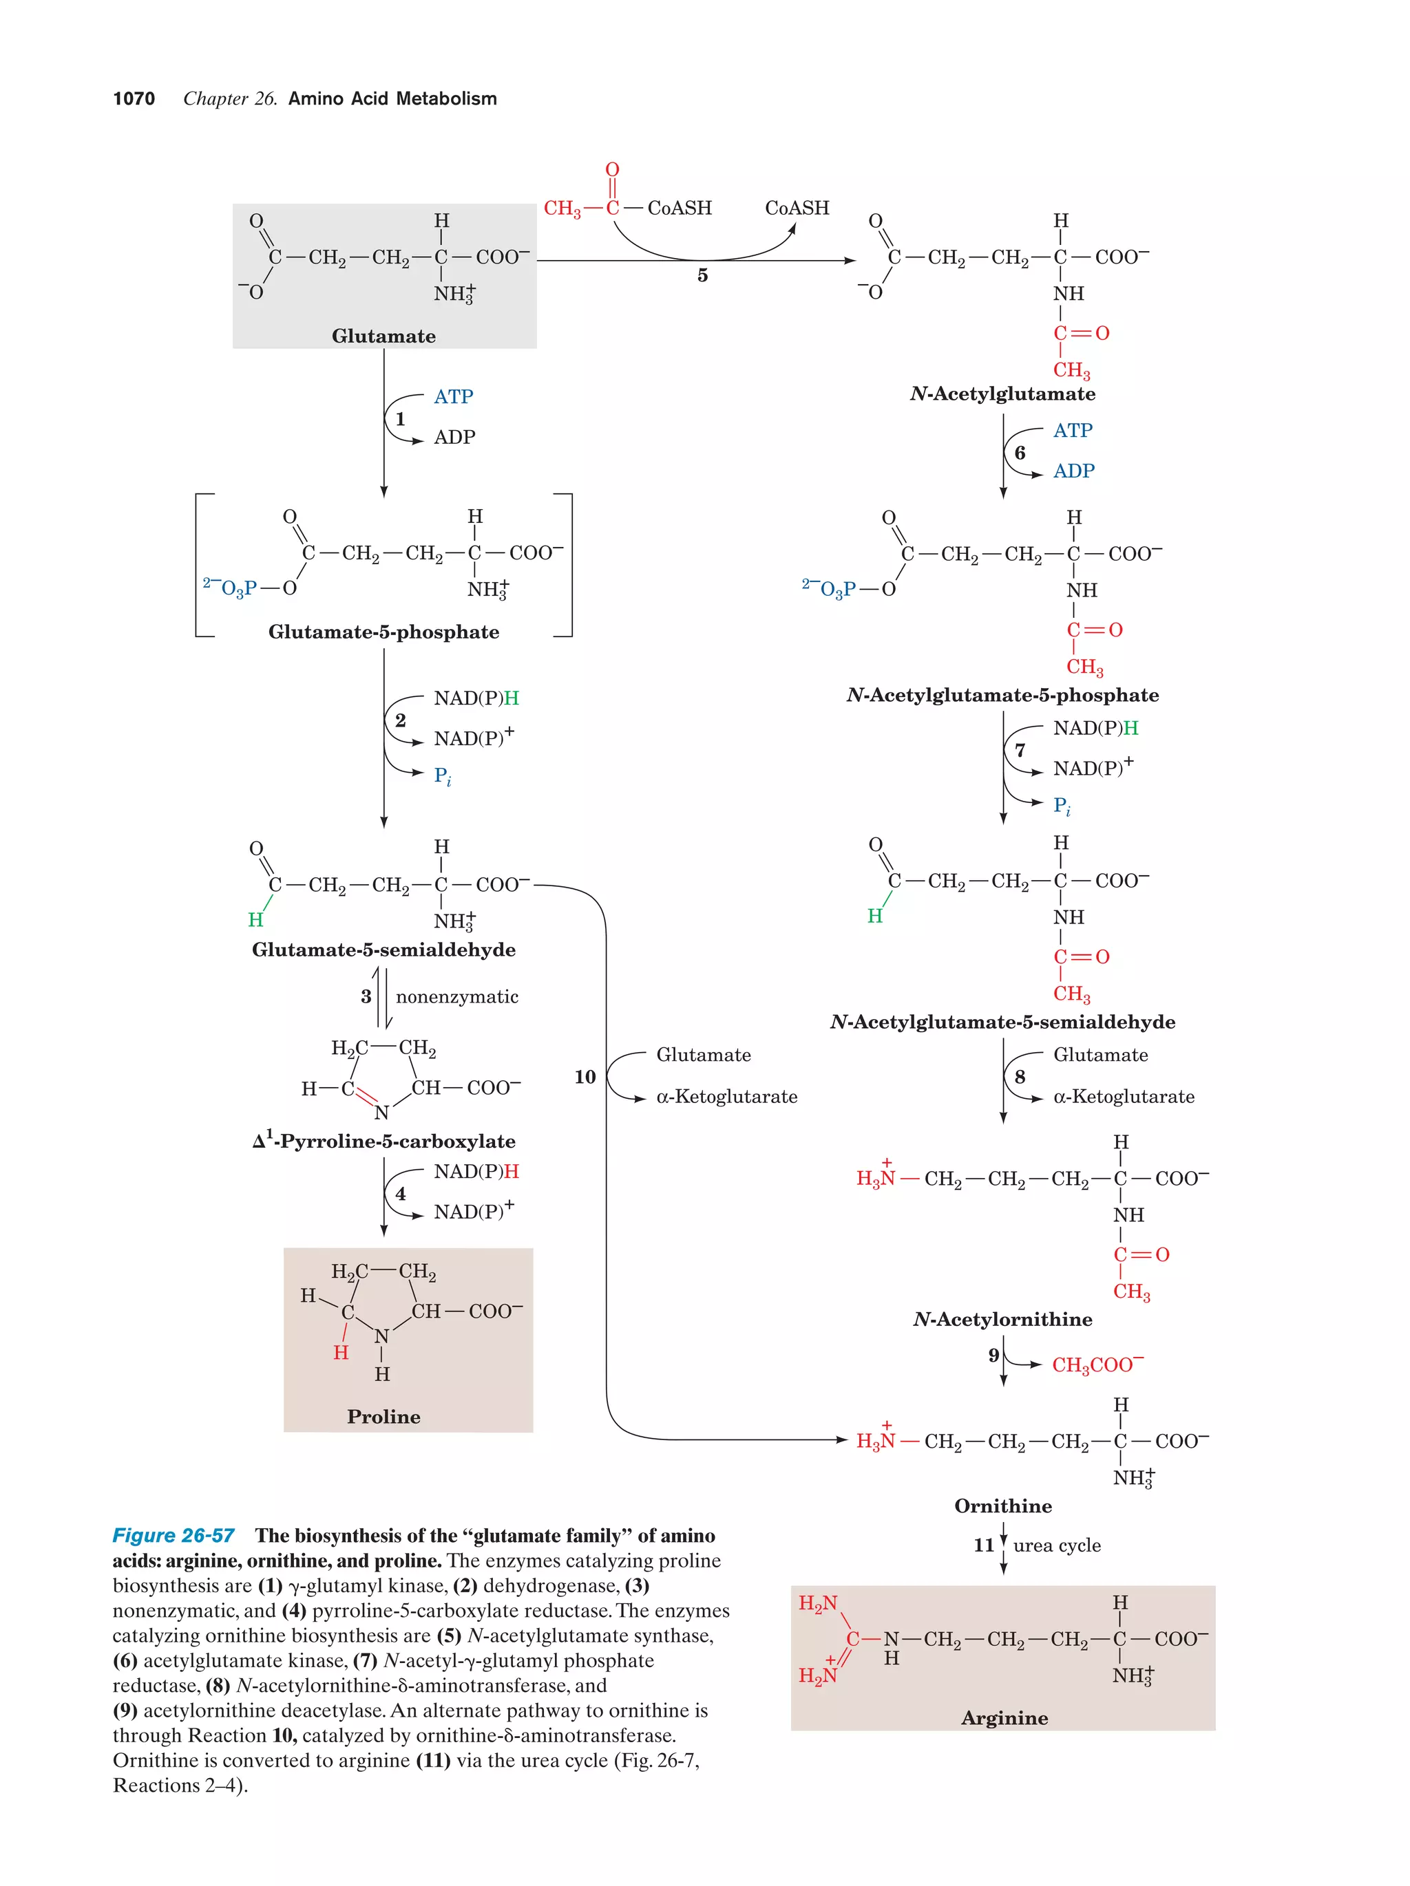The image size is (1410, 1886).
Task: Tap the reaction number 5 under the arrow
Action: click(702, 275)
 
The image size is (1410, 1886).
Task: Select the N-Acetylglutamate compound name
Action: click(1002, 394)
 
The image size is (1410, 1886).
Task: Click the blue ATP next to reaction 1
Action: click(453, 397)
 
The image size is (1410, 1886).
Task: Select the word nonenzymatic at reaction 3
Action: click(456, 997)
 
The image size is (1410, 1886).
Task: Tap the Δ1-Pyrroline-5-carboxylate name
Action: click(384, 1141)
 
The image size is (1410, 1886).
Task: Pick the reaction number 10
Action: click(585, 1077)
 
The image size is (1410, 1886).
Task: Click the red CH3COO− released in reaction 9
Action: click(1097, 1365)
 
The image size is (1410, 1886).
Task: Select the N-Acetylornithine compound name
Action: click(1002, 1319)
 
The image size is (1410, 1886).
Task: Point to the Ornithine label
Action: click(1002, 1505)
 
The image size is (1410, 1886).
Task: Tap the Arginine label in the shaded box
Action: click(1004, 1717)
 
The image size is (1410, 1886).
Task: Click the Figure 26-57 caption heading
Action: click(173, 1536)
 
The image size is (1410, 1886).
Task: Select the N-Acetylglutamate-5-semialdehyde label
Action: click(1002, 1022)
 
